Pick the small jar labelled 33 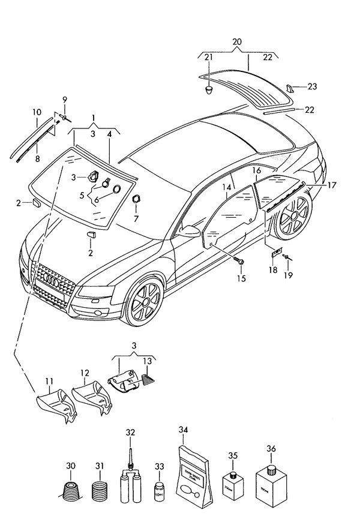pos(160,491)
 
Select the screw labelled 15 pos(239,262)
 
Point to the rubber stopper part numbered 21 pos(208,89)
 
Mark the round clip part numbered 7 pos(136,199)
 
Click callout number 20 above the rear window pos(237,41)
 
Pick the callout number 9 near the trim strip pos(65,99)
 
